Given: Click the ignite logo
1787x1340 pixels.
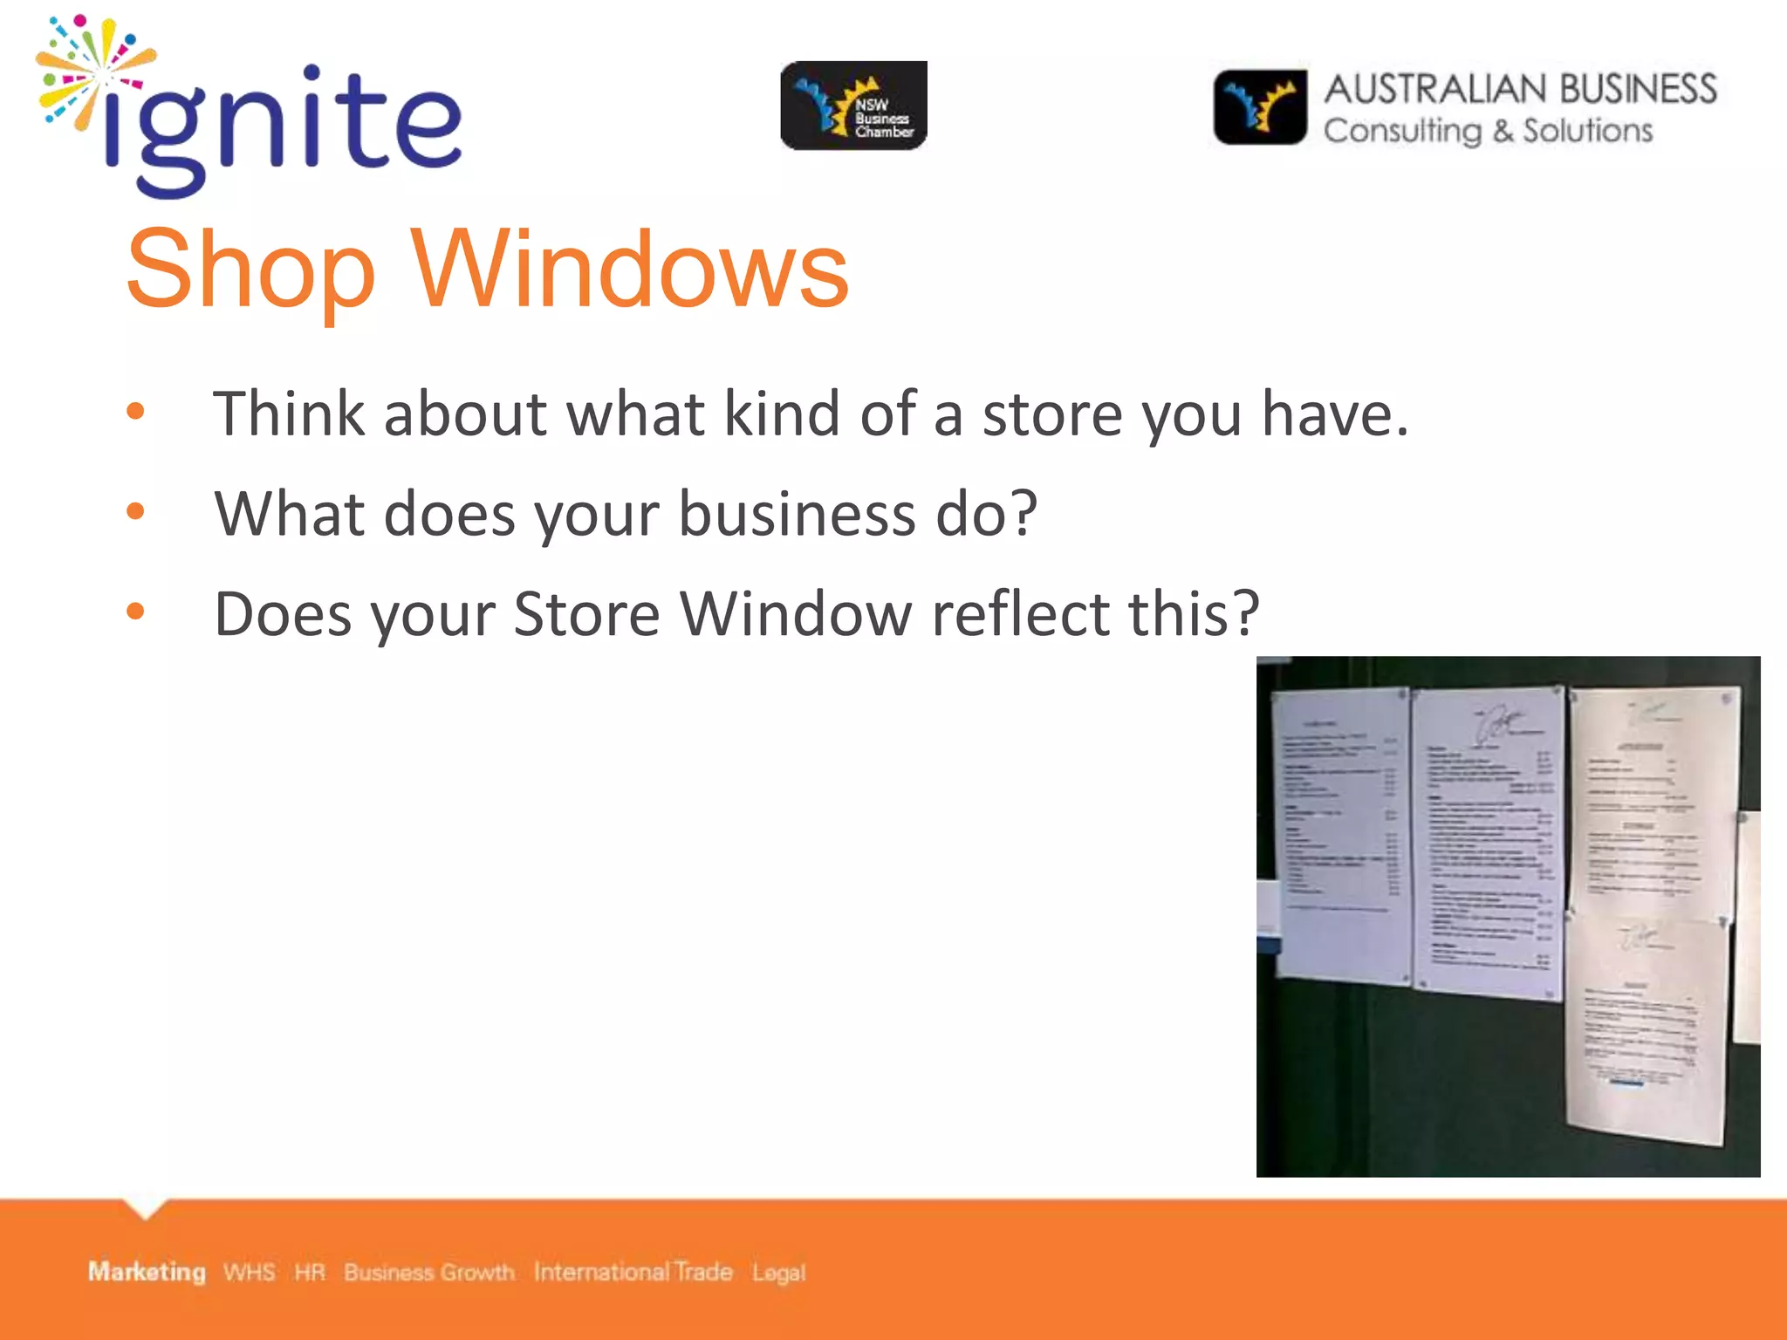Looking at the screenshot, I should [249, 109].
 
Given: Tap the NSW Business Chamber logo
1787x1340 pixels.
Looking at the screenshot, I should [853, 106].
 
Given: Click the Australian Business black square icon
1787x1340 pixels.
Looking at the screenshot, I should [1260, 107].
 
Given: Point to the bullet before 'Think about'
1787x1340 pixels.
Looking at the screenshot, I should [135, 411].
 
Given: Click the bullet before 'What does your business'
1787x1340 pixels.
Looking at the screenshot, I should [135, 511].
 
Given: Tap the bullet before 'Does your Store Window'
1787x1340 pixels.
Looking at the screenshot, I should [135, 612].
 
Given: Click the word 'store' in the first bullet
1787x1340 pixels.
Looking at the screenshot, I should [1052, 414].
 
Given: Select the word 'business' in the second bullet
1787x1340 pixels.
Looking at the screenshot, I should [797, 514].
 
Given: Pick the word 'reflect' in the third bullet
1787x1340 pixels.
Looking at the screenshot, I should [1020, 613].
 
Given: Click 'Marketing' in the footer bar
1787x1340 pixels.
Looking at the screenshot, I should [147, 1272].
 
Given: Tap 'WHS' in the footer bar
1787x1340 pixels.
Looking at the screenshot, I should [249, 1272].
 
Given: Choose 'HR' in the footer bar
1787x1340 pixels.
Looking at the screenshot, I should [309, 1272].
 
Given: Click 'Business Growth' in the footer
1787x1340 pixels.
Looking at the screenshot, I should [428, 1272].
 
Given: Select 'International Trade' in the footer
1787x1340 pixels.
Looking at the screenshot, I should [633, 1272].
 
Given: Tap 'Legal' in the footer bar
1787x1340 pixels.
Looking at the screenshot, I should [778, 1273].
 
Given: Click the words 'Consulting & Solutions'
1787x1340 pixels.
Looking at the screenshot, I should [1488, 131].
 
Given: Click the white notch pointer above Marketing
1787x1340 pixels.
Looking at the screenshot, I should [146, 1208].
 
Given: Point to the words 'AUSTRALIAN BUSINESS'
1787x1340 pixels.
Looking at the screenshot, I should [1520, 89].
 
